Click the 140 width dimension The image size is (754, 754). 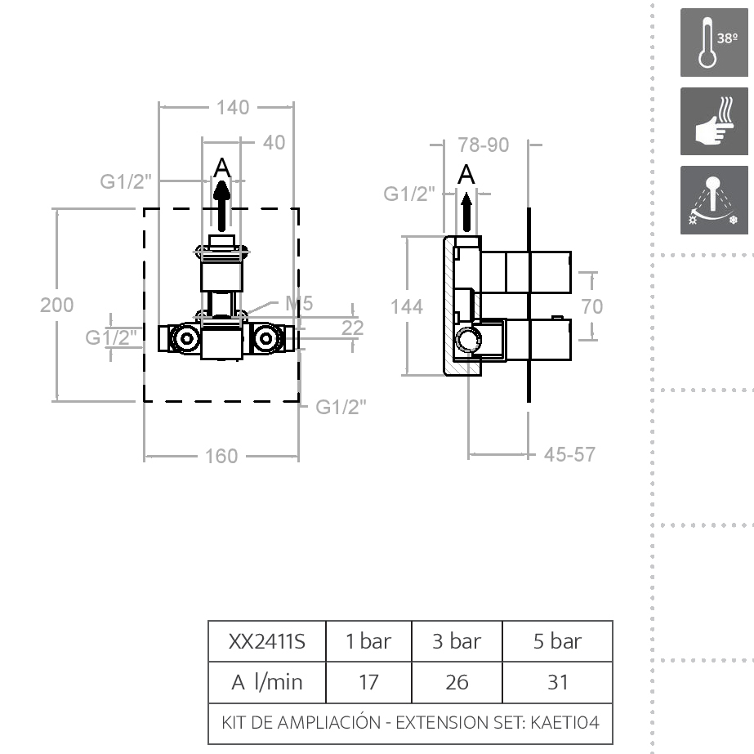tap(233, 107)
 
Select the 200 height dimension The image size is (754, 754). tap(56, 305)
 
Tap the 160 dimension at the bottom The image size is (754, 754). tap(221, 456)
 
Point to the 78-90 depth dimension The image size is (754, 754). tap(484, 145)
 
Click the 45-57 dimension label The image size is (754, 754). tap(570, 453)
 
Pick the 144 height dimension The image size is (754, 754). tap(407, 306)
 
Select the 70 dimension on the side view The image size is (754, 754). tap(592, 306)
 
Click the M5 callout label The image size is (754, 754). tap(299, 304)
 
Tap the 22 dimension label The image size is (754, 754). tap(353, 328)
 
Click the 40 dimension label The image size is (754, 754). tap(274, 142)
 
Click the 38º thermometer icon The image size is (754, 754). tap(714, 42)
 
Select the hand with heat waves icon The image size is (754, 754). tap(714, 121)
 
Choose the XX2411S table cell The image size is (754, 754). tap(267, 641)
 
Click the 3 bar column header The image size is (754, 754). tap(457, 641)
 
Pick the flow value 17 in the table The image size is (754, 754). tap(368, 681)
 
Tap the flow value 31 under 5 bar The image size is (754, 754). tap(557, 681)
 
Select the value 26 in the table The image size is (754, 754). tap(457, 681)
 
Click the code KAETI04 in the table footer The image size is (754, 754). tap(565, 723)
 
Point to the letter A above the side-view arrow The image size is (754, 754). tap(466, 174)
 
